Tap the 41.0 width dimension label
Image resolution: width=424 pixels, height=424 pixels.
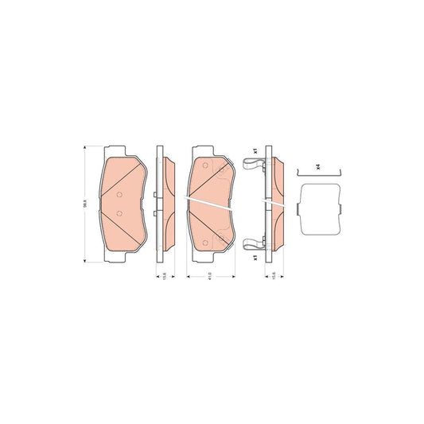(208, 275)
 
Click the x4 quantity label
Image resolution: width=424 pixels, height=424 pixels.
(317, 165)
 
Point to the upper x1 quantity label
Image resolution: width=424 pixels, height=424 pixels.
(254, 150)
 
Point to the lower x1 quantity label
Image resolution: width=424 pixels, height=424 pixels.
(254, 258)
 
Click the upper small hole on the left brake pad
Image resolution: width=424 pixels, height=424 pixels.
(119, 196)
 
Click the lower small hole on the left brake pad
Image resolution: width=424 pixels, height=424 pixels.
(119, 213)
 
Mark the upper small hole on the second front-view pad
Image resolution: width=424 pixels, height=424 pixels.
(205, 166)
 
